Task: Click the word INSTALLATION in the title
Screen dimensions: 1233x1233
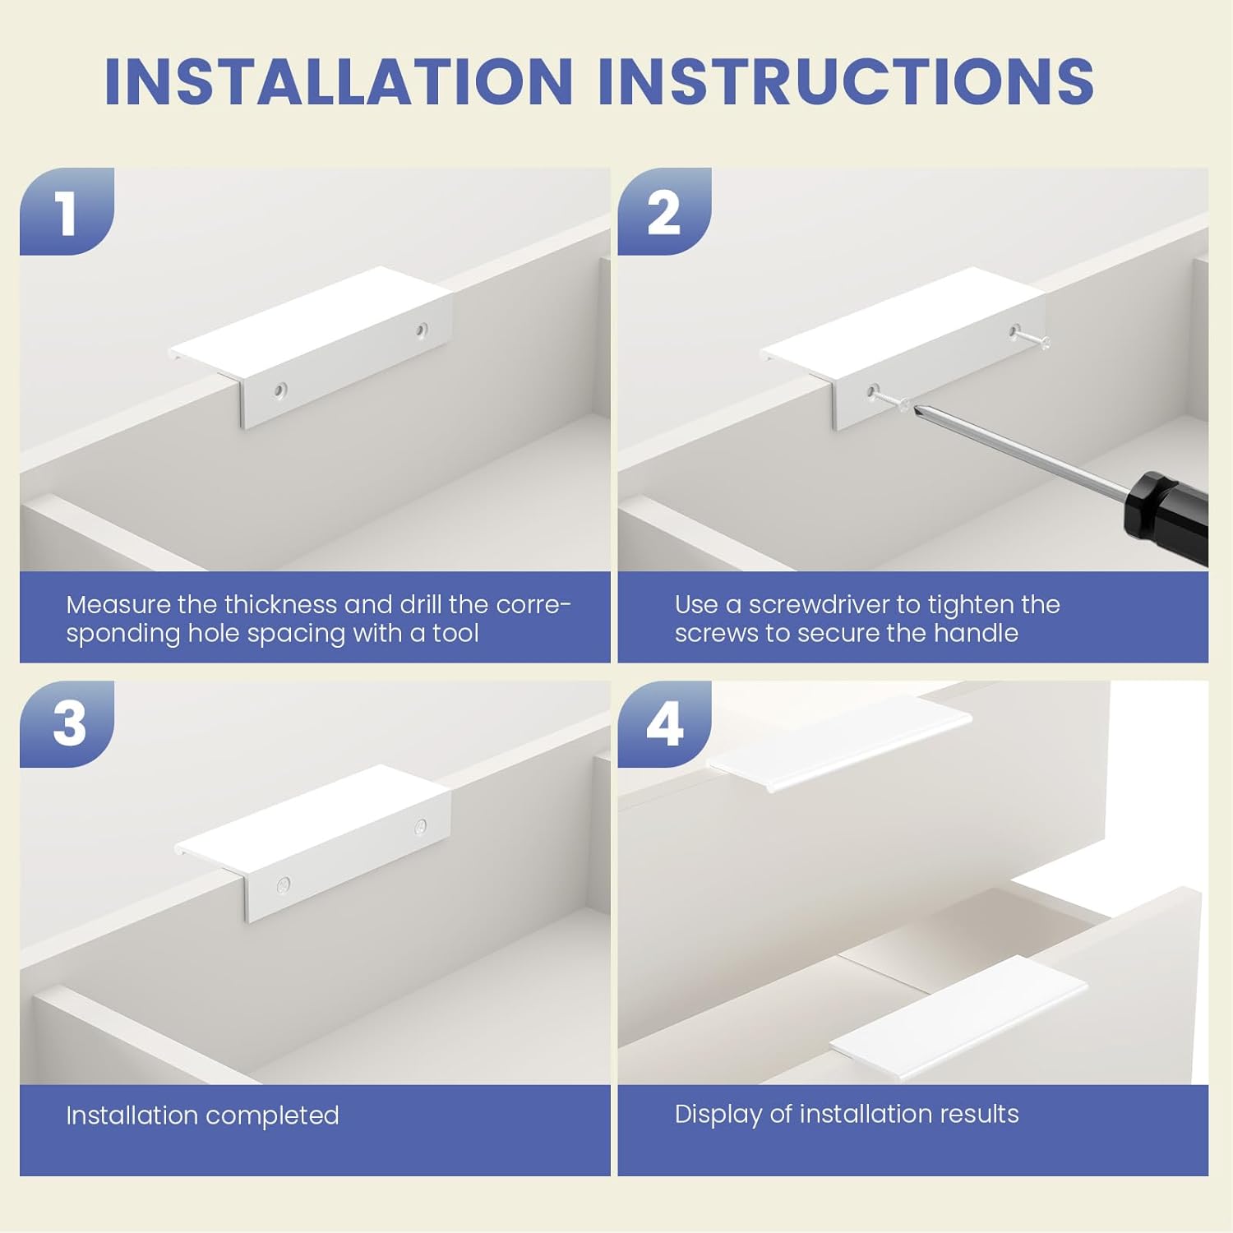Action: tap(339, 81)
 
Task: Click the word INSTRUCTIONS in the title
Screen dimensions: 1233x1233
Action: tap(847, 81)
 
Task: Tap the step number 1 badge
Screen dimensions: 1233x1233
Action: tap(67, 211)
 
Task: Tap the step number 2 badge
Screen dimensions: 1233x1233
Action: tap(664, 211)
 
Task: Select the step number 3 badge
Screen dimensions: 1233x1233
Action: tap(67, 724)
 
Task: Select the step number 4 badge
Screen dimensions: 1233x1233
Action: tap(664, 724)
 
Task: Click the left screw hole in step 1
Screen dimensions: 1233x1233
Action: tap(281, 390)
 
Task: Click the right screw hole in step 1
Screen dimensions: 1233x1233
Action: tap(421, 330)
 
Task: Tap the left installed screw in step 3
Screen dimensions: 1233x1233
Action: tap(284, 884)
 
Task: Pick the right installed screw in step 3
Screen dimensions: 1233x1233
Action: tap(420, 826)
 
